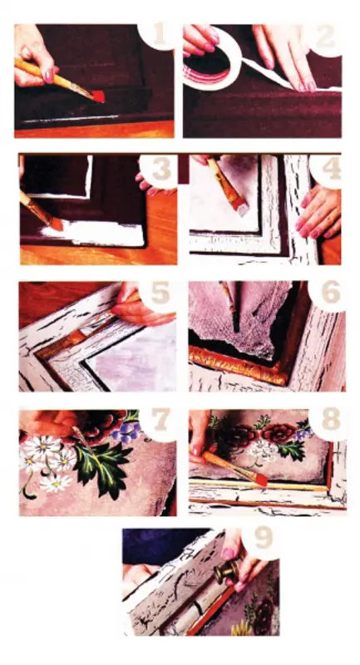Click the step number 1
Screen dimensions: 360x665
tap(160, 36)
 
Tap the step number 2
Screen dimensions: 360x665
tap(325, 37)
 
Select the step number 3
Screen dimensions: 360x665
tap(161, 170)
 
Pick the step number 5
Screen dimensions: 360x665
tap(160, 295)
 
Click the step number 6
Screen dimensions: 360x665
tap(330, 293)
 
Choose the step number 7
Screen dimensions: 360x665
tap(161, 420)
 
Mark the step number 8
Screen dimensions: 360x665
tap(331, 421)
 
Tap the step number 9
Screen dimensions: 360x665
tap(261, 539)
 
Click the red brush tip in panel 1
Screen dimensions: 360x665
tap(98, 96)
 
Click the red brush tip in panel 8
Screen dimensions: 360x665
tap(262, 480)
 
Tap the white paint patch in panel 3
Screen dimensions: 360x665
tap(96, 234)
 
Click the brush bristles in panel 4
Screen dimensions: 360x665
tap(242, 207)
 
